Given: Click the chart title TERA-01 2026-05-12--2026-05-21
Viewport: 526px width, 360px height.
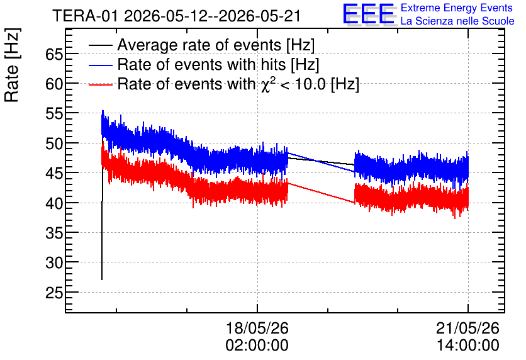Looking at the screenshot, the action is [176, 16].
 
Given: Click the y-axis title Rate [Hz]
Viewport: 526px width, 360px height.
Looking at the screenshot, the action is [12, 65].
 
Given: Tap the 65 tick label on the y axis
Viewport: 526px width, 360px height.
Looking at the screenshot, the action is [54, 54].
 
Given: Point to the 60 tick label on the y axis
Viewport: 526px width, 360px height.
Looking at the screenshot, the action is [54, 84].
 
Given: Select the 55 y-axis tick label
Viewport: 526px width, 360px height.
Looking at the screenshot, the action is [54, 114].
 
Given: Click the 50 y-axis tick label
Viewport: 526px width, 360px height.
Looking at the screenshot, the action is [54, 143].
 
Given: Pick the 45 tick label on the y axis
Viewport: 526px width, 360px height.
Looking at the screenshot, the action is [54, 173].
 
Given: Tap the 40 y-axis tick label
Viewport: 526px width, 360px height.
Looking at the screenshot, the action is [54, 203].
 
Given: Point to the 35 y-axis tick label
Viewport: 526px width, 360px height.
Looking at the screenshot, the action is [54, 233].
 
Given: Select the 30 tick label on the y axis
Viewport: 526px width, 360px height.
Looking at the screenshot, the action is [54, 262].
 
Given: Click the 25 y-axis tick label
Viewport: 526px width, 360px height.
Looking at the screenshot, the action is [54, 293].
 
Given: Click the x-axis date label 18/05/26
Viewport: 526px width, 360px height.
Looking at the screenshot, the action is [257, 328].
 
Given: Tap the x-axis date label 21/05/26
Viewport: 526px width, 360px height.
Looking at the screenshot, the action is [467, 328].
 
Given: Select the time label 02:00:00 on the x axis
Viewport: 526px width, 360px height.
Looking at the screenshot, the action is [257, 346].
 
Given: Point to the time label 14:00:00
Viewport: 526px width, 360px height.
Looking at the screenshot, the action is [467, 346].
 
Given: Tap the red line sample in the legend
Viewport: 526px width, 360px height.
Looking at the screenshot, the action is [101, 85].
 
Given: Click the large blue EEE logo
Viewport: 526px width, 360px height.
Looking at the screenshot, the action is [369, 14].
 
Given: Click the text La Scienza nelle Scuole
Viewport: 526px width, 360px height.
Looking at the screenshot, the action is [457, 21].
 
